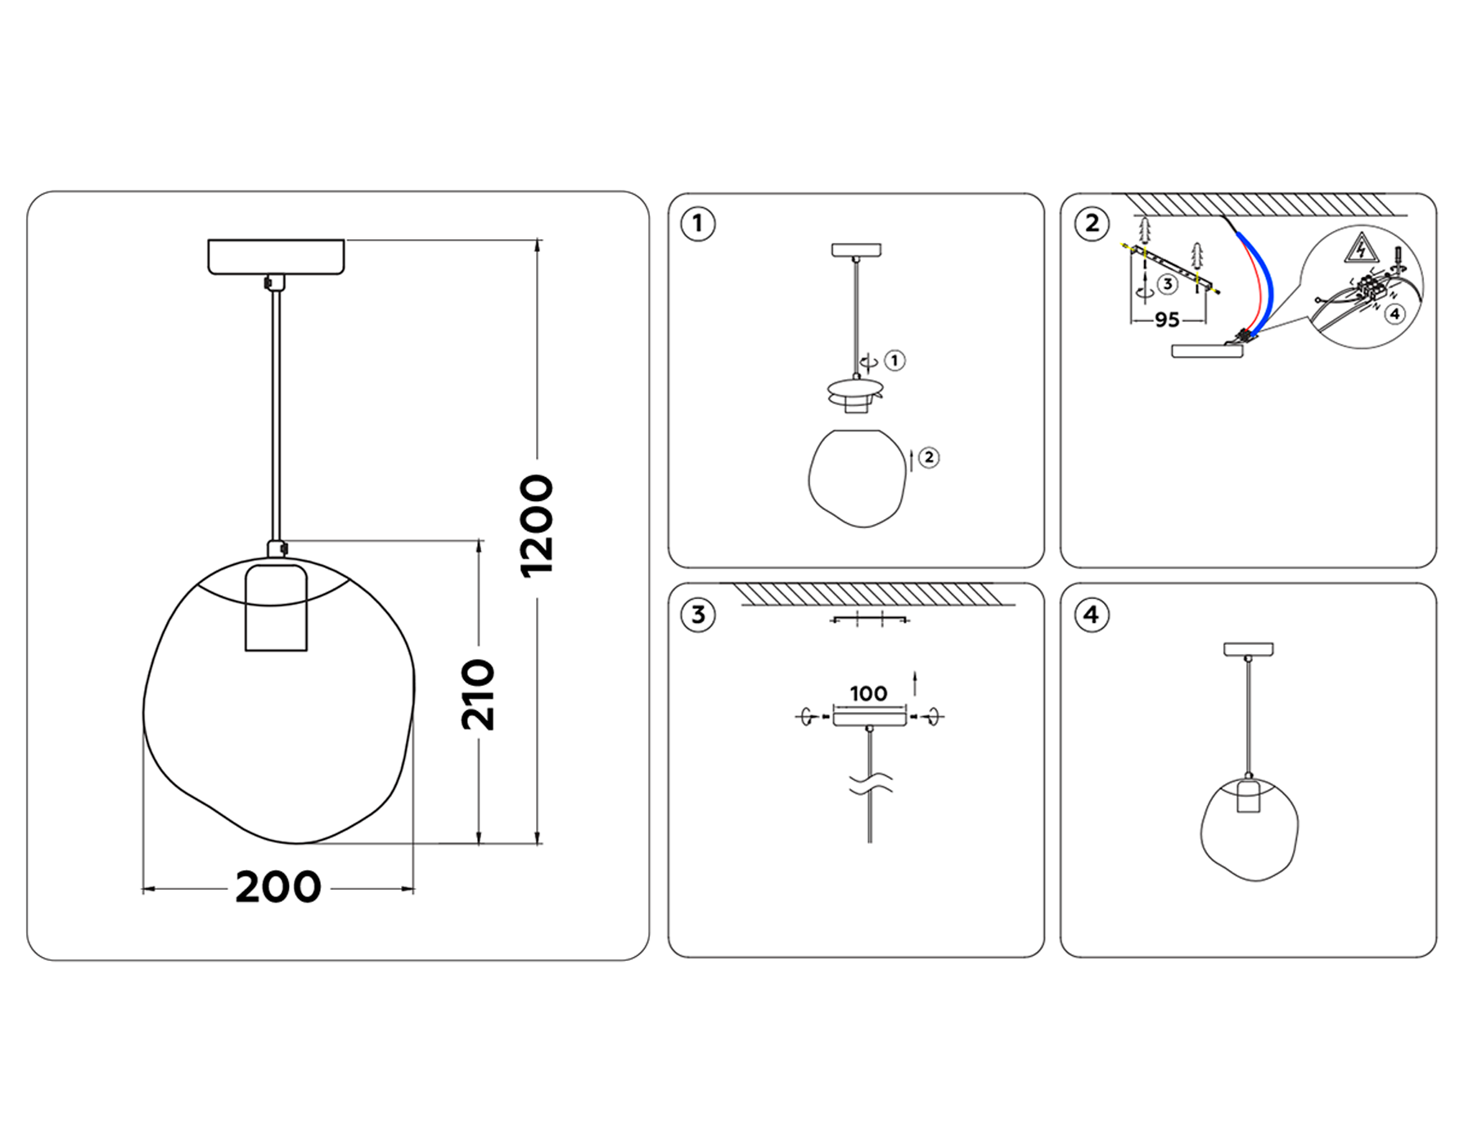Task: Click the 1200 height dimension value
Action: pos(538,526)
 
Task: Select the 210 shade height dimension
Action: pos(478,695)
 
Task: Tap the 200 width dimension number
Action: pos(278,887)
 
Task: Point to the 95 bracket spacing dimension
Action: pos(1167,320)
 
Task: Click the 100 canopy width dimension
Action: pos(868,694)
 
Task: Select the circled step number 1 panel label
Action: pos(698,223)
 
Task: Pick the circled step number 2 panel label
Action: pos(1092,223)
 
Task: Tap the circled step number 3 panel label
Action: pos(698,615)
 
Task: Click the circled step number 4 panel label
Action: pos(1092,615)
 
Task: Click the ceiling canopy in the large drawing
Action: pos(276,256)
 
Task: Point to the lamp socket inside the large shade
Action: pos(276,607)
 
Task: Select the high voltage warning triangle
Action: pos(1360,248)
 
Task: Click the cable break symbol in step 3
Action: pos(870,784)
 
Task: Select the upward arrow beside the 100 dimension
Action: pos(915,683)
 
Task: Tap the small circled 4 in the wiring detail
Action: pos(1395,314)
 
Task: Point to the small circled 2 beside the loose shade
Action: pos(928,458)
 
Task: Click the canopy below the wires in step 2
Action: pos(1207,351)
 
